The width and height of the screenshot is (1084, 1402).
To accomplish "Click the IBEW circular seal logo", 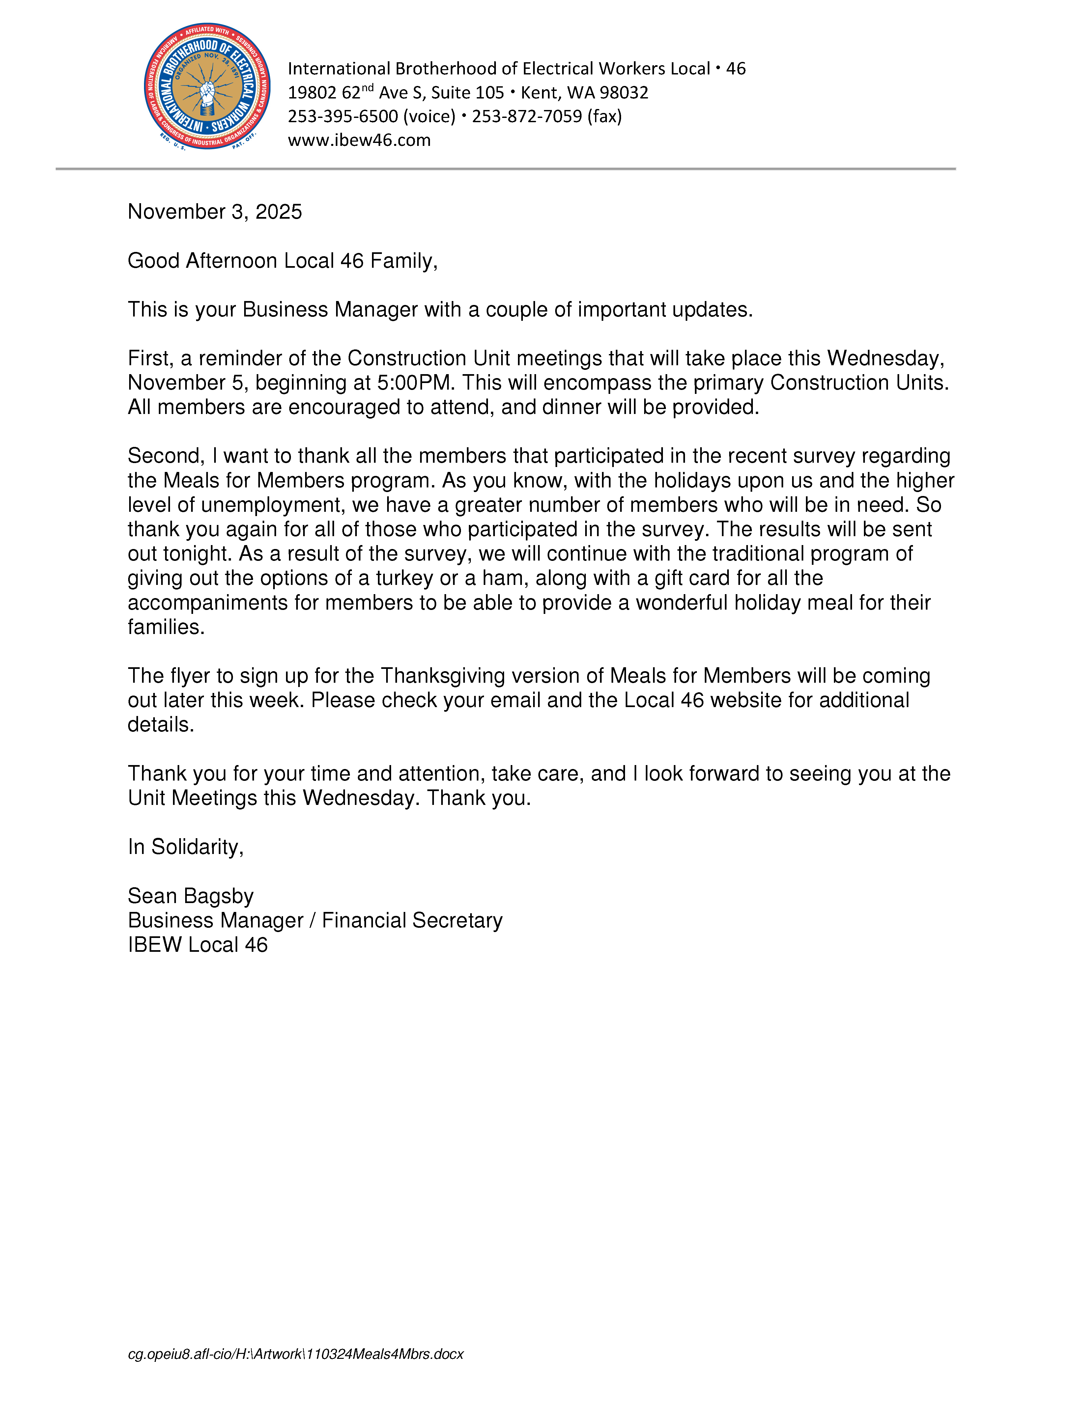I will point(207,87).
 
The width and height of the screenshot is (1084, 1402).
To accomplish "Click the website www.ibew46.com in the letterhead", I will point(359,140).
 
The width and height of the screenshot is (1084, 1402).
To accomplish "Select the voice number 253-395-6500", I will point(343,116).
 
